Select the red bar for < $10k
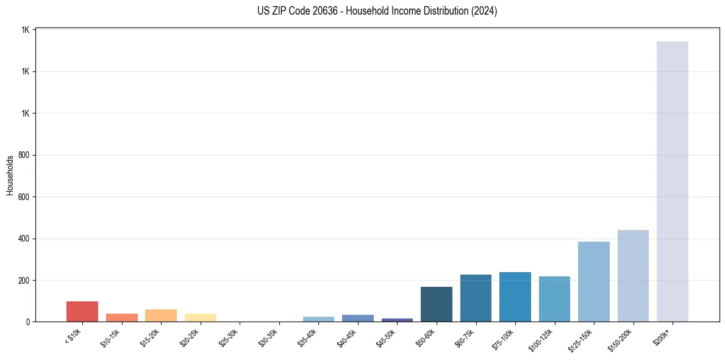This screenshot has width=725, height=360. pos(82,311)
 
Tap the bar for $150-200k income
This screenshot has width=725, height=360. pos(633,276)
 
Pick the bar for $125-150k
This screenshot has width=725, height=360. pos(593,281)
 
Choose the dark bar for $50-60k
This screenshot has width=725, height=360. pos(436,304)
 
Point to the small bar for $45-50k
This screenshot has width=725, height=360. pos(397,320)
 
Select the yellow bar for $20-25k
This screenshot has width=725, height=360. pos(200,317)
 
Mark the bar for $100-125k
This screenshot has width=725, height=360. pos(554,299)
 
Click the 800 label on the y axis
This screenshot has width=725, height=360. pos(25,155)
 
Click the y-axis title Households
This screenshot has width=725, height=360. pos(10,175)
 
